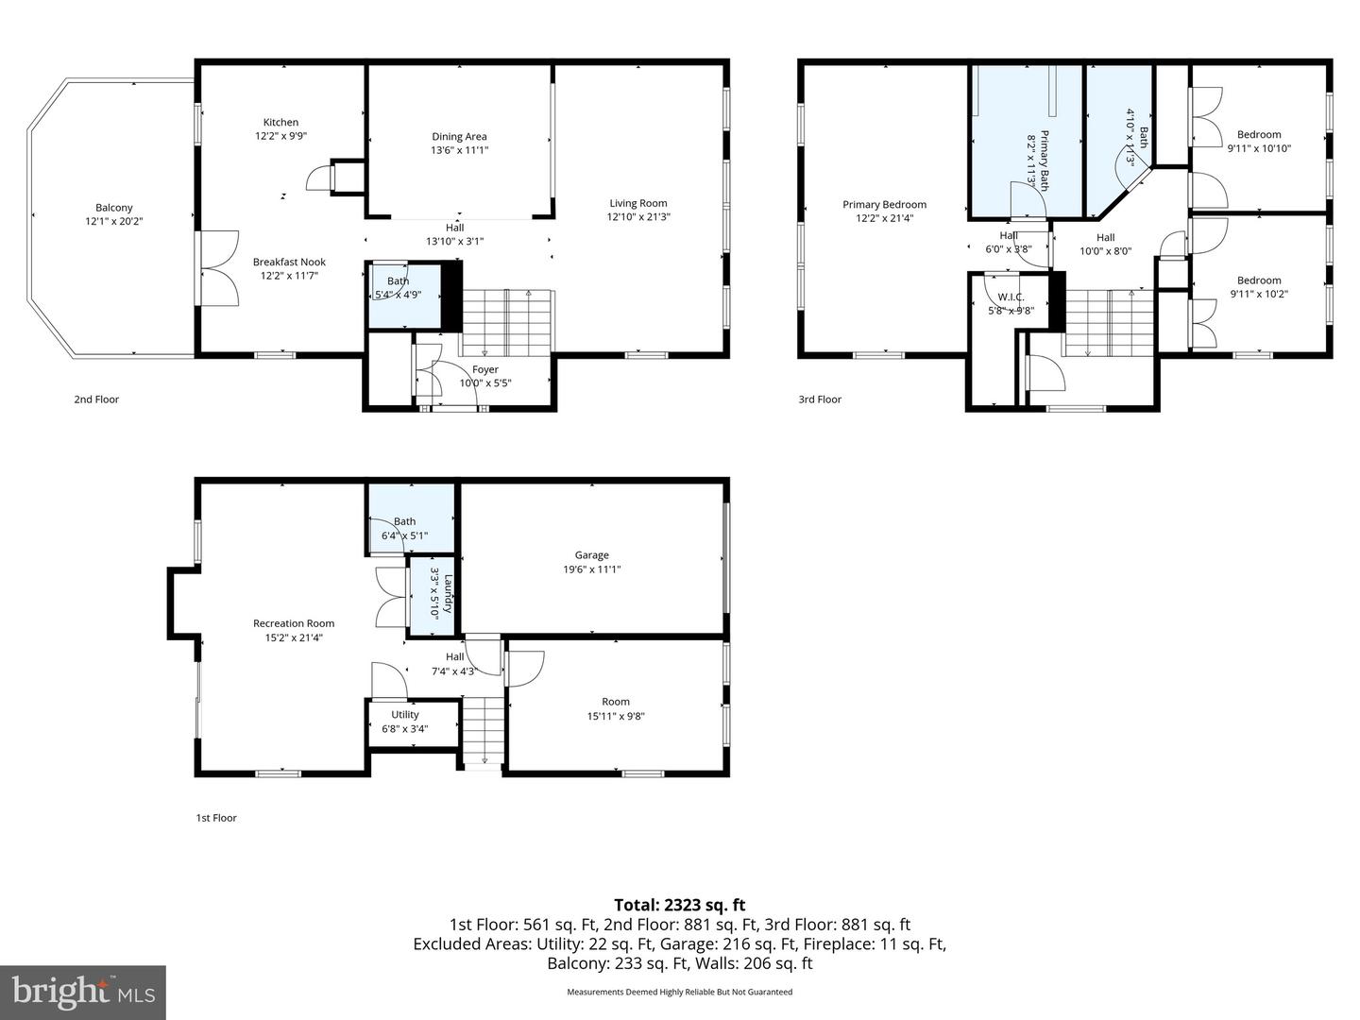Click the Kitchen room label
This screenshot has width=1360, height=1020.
(280, 122)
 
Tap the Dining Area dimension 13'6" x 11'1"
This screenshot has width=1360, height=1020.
(459, 150)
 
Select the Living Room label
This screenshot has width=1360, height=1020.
(638, 203)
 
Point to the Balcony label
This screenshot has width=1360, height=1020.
(114, 208)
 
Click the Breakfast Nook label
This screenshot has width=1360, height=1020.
(289, 262)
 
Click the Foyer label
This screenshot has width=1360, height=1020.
(484, 369)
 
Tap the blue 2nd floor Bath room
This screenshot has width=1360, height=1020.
(402, 296)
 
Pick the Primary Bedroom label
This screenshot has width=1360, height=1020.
(884, 204)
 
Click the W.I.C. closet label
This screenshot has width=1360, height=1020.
(1011, 297)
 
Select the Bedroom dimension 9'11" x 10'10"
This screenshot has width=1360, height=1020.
(1259, 148)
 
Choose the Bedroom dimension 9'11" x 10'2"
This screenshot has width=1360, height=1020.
(1259, 294)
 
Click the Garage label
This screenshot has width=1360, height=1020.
(592, 555)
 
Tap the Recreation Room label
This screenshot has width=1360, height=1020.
(294, 623)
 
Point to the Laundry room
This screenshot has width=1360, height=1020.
(433, 598)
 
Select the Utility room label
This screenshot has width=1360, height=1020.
(405, 715)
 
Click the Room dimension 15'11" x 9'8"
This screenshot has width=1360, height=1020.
(616, 716)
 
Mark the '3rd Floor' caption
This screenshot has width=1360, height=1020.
(820, 399)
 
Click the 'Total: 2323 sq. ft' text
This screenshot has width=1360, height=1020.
(679, 905)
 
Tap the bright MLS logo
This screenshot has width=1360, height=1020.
(83, 992)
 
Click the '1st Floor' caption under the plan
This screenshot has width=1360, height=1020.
(216, 818)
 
